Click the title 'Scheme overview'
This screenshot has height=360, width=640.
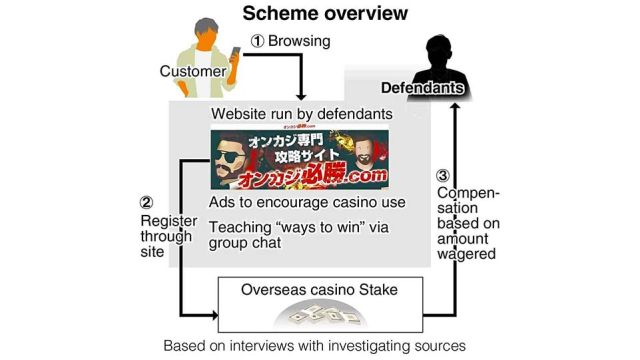coord(319,14)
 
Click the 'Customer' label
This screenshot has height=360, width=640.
coord(191,71)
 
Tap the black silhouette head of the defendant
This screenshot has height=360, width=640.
coord(438,45)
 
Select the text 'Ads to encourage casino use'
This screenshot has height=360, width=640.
coord(307,202)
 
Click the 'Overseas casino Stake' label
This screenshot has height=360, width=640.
coord(319,290)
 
